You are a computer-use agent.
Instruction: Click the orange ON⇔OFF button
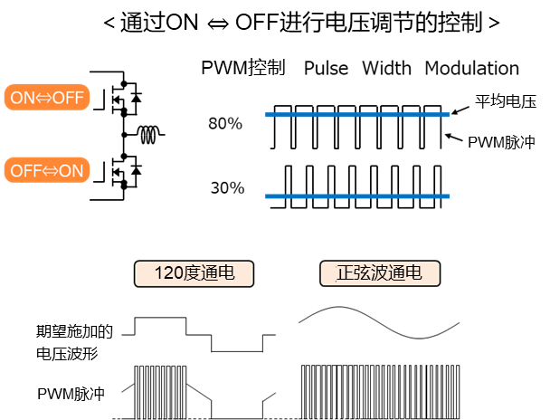pyautogui.click(x=46, y=98)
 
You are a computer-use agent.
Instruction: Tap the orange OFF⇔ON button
pyautogui.click(x=46, y=170)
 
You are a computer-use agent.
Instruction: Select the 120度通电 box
pyautogui.click(x=194, y=273)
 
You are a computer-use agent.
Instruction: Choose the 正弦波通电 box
pyautogui.click(x=380, y=273)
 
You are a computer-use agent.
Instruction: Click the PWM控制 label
pyautogui.click(x=249, y=69)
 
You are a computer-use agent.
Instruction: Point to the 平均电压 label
pyautogui.click(x=507, y=103)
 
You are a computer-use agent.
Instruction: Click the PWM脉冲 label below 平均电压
pyautogui.click(x=502, y=144)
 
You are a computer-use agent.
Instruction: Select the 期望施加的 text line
pyautogui.click(x=74, y=331)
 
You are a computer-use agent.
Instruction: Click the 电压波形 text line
pyautogui.click(x=67, y=352)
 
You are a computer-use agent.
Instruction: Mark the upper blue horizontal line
pyautogui.click(x=357, y=115)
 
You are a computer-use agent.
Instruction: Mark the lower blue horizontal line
pyautogui.click(x=357, y=196)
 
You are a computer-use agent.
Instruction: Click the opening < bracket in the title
pyautogui.click(x=108, y=24)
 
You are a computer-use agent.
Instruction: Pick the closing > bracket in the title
pyautogui.click(x=494, y=24)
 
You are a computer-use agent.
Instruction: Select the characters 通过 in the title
pyautogui.click(x=137, y=24)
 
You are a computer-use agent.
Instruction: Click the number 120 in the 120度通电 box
pyautogui.click(x=169, y=273)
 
